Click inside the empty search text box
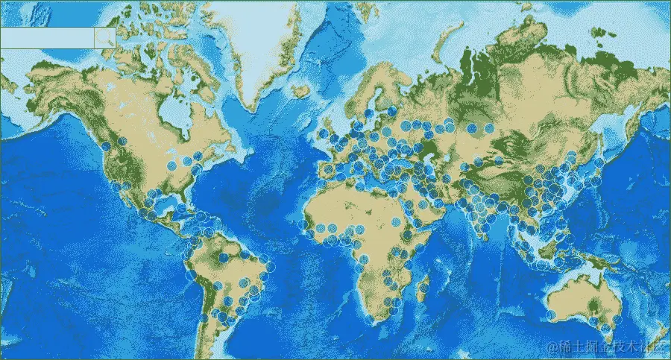tap(47, 38)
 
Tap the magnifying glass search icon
tap(105, 38)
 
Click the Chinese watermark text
tap(608, 347)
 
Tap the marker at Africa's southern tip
tap(371, 320)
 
